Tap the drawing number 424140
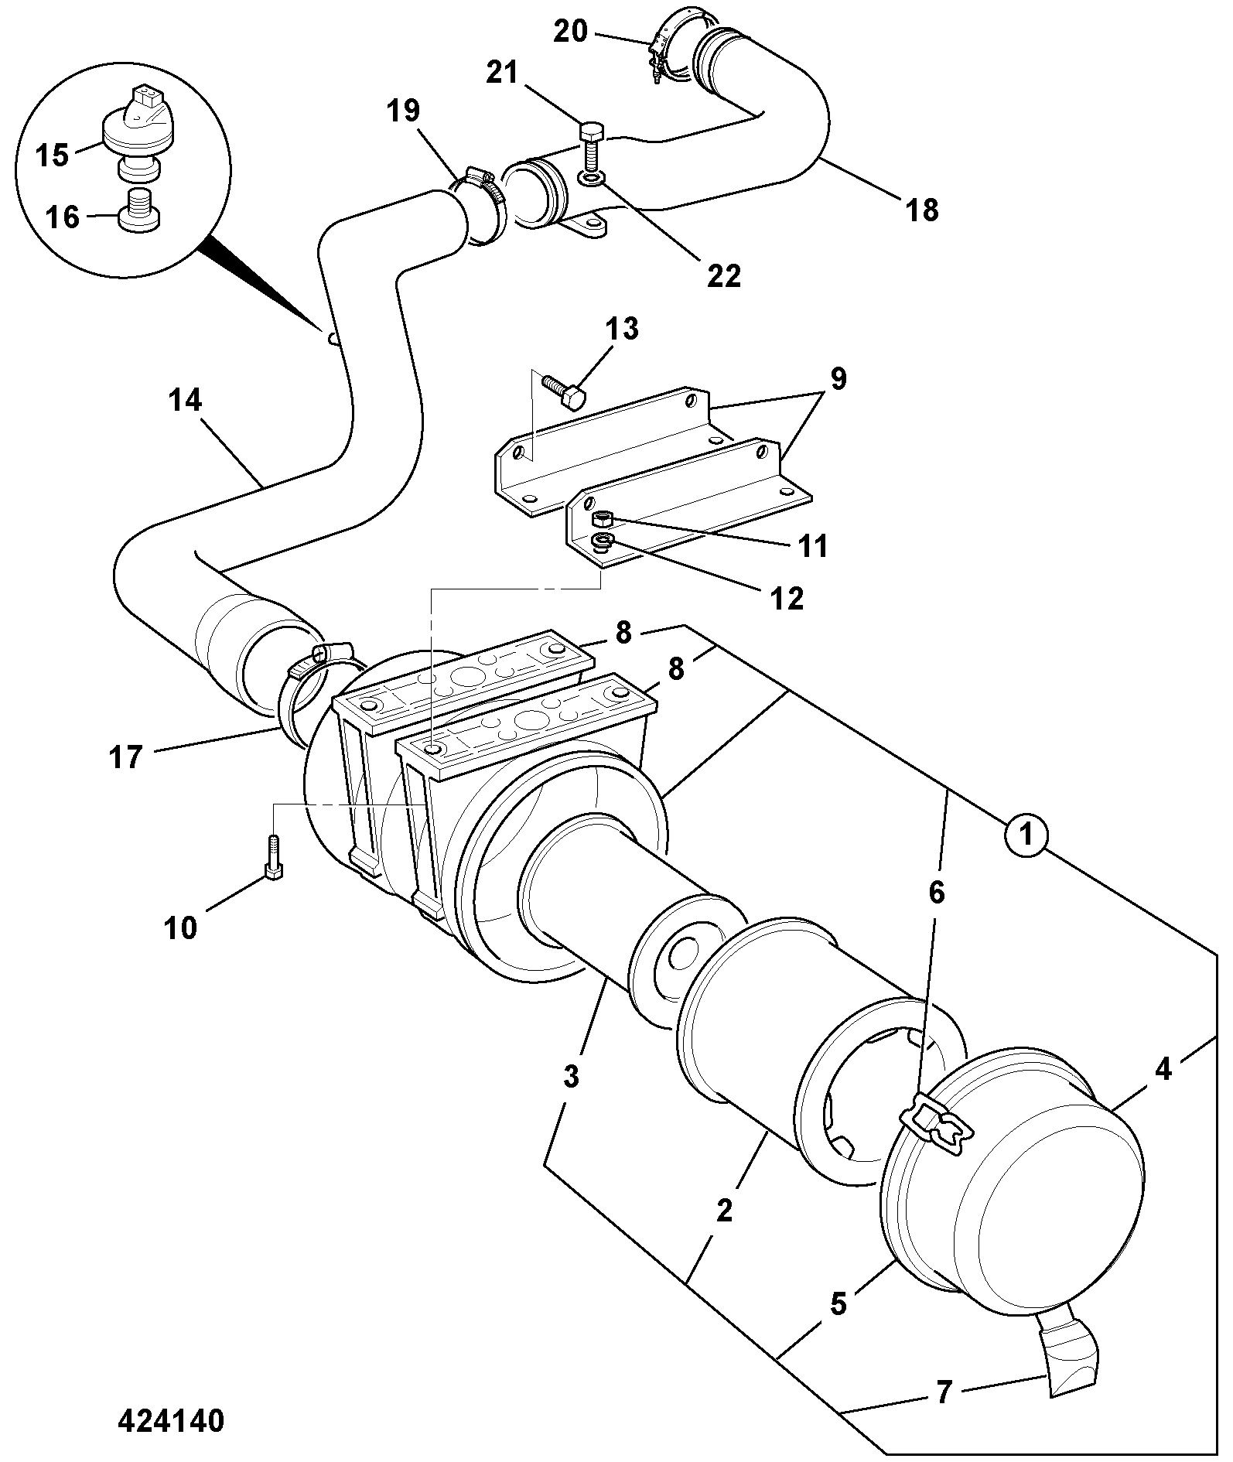tap(172, 1420)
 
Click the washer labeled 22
tap(591, 180)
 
